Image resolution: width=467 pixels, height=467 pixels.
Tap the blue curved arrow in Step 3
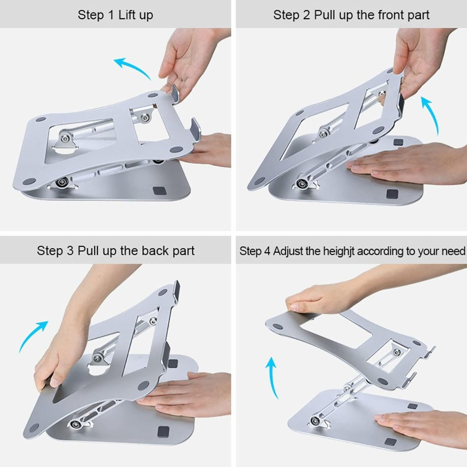[x=33, y=335]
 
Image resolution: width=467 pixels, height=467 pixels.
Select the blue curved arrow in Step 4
[x=272, y=377]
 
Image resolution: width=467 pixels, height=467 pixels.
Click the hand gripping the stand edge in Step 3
[x=58, y=358]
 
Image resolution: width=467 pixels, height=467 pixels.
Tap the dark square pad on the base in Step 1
[x=159, y=191]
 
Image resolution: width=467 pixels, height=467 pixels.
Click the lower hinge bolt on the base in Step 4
[x=314, y=420]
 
